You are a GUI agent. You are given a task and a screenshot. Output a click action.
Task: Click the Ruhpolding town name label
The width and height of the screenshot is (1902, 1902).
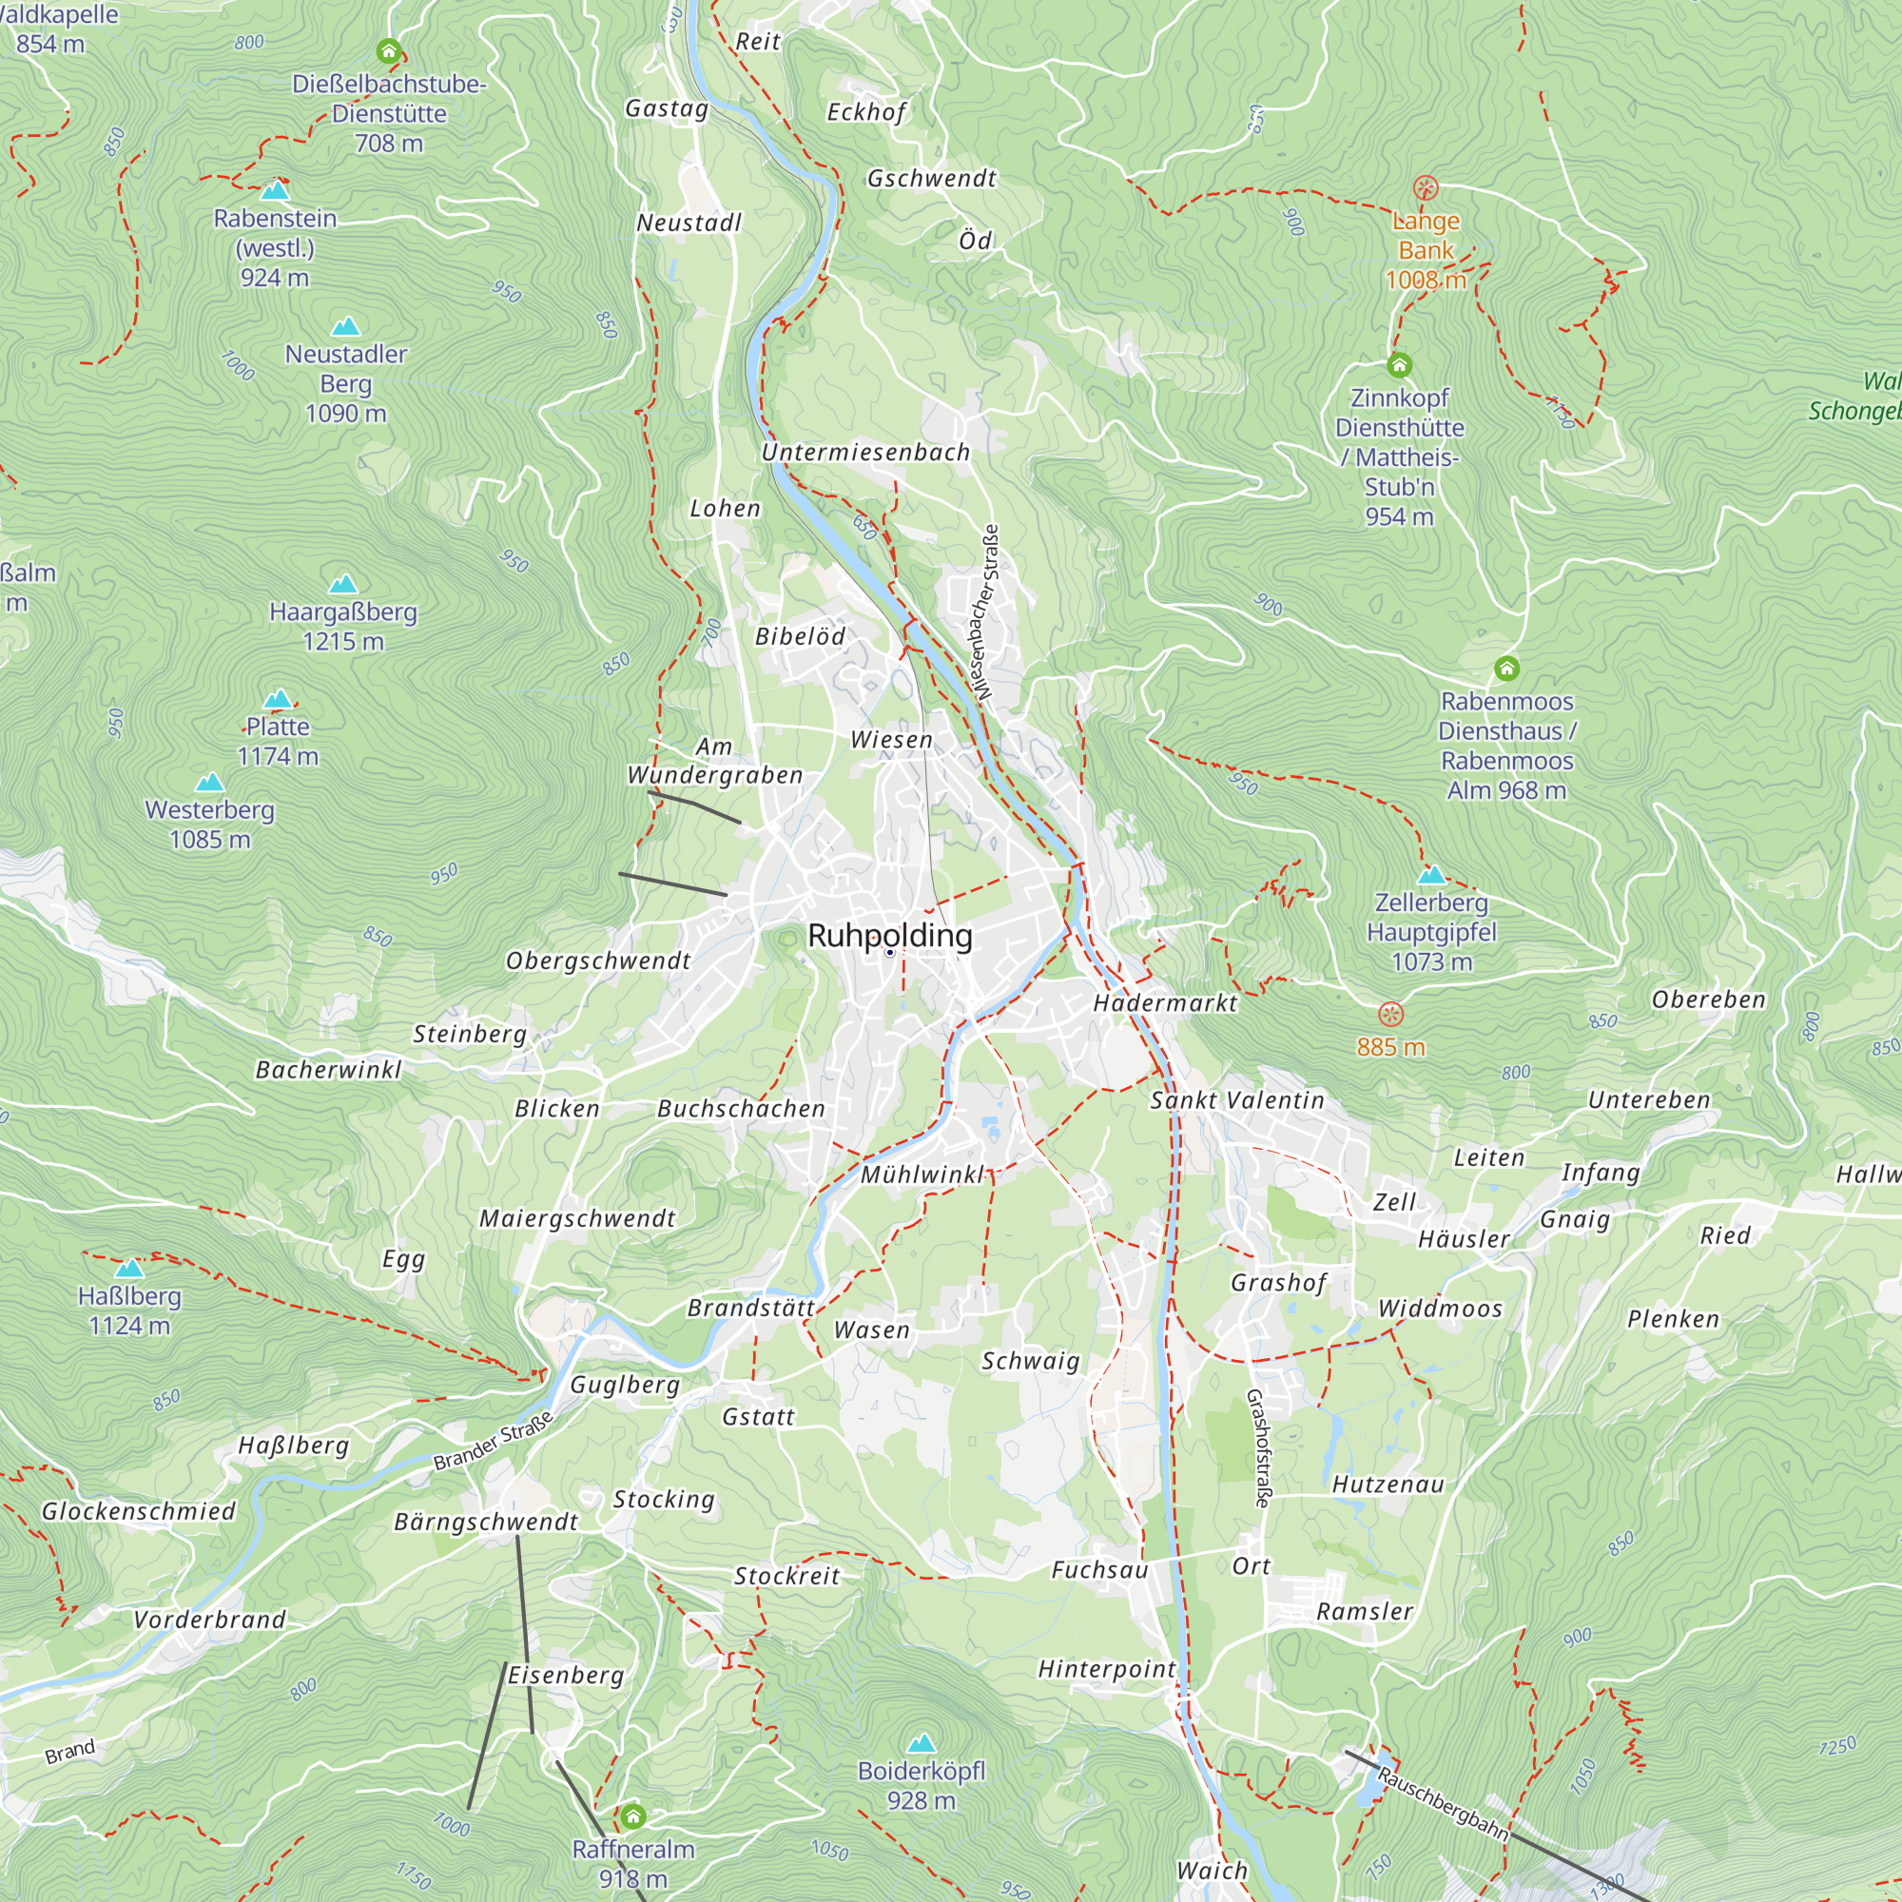coord(889,935)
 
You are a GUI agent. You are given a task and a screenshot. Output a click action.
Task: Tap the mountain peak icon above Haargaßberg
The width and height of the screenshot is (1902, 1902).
coord(342,585)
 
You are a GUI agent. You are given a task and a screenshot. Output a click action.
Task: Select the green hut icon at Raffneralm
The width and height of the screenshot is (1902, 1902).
coord(633,1815)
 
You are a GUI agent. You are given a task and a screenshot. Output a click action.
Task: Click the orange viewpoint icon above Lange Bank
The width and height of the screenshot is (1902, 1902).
coord(1425,188)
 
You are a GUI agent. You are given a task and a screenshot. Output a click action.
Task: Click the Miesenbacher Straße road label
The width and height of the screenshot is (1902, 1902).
coord(987,612)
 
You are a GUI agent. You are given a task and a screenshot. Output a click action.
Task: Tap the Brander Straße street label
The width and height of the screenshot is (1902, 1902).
coord(494,1442)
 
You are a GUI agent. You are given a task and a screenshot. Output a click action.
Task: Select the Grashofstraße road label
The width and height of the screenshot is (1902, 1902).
coord(1259,1448)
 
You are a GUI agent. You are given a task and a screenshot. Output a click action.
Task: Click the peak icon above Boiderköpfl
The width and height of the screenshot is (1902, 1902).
coord(921,1743)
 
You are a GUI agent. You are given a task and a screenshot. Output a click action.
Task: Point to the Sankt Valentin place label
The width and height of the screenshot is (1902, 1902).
coord(1237,1100)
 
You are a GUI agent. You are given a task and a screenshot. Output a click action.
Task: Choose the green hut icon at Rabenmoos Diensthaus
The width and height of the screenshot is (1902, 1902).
coord(1506,669)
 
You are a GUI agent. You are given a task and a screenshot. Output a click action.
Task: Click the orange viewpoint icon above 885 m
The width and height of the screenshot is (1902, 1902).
coord(1390,1014)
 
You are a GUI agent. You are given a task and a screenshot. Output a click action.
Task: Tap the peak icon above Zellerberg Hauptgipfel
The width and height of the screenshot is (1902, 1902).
coord(1430,874)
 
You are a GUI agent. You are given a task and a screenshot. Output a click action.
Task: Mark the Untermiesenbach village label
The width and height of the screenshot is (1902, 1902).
coord(865,453)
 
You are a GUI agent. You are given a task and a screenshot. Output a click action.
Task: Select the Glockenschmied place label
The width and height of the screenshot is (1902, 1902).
coord(139,1511)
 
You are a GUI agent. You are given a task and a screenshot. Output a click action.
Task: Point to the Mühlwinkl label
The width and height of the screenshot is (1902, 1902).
coord(922,1174)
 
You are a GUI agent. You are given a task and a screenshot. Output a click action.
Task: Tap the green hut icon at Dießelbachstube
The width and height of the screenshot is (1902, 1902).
coord(389,50)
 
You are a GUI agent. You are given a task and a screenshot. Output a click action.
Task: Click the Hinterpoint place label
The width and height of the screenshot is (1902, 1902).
coord(1107,1669)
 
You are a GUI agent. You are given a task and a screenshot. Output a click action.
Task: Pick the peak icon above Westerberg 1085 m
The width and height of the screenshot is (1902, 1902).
coord(209,783)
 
